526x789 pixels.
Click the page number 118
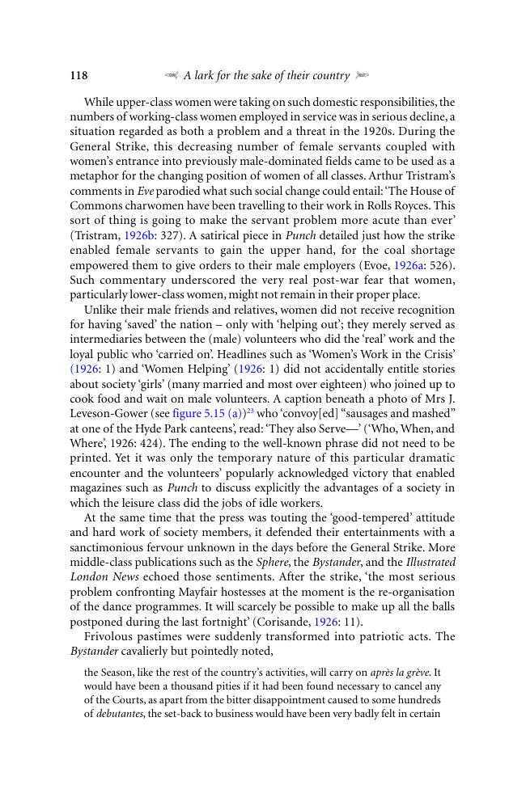[78, 76]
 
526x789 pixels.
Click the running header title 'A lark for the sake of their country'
[266, 76]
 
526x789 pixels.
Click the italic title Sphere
[271, 561]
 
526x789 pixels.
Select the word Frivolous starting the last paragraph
[110, 636]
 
